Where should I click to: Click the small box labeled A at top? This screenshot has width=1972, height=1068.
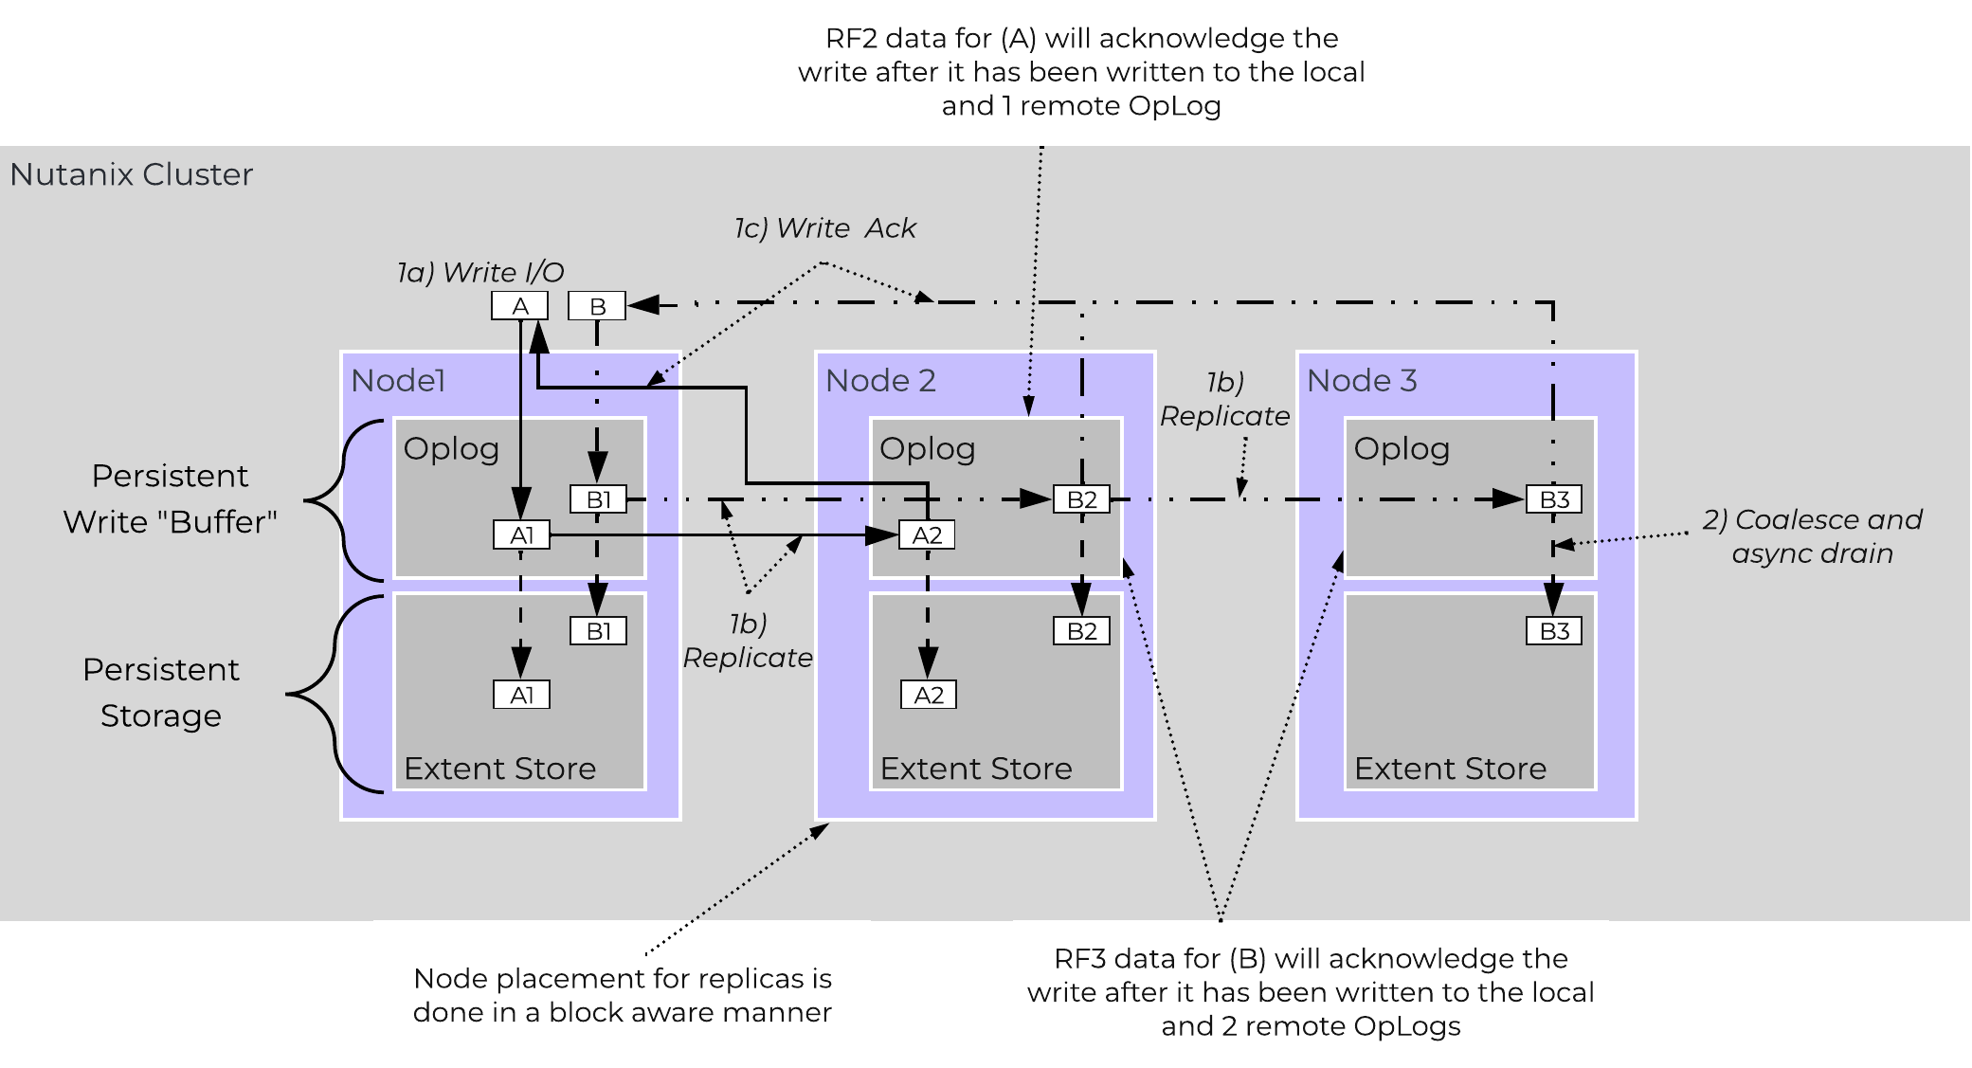tap(519, 306)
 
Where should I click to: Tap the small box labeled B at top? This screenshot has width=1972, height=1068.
tap(597, 306)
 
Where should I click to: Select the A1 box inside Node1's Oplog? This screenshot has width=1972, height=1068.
tap(521, 534)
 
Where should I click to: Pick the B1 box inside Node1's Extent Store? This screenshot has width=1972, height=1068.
tap(598, 631)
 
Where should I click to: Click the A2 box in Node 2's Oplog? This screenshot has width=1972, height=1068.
tap(927, 534)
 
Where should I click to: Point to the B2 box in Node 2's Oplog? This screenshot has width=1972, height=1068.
tap(1081, 499)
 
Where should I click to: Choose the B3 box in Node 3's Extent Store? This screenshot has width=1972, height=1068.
tap(1554, 631)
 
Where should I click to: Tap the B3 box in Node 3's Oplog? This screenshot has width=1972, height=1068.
tap(1554, 499)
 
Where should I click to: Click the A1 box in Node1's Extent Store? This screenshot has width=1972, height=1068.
tap(521, 695)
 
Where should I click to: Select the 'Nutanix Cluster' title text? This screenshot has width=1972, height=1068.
tap(132, 174)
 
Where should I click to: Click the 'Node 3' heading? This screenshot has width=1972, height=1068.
tap(1362, 380)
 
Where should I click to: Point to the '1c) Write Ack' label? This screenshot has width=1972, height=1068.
tap(824, 228)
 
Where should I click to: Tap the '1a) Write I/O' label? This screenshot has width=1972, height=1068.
tap(480, 273)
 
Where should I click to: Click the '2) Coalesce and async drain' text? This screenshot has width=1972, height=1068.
tap(1812, 536)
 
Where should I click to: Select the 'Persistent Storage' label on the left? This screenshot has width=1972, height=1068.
tap(161, 692)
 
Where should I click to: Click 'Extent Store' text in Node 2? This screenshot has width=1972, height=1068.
tap(976, 769)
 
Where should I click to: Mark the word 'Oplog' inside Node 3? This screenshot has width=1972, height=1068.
tap(1402, 448)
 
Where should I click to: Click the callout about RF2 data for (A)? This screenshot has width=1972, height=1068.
tap(1081, 72)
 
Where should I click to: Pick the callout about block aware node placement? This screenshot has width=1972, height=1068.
tap(622, 995)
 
